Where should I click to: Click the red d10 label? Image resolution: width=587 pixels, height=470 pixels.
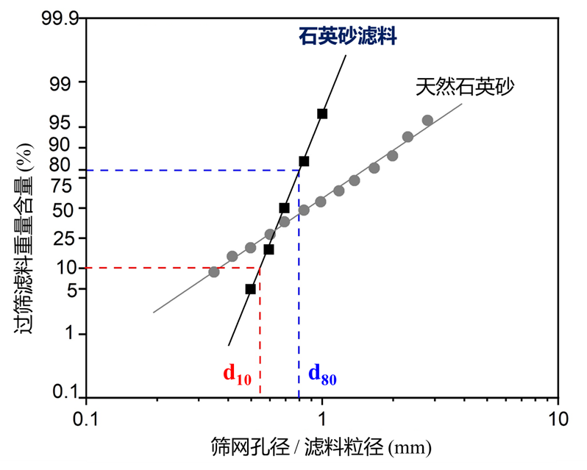pos(238,375)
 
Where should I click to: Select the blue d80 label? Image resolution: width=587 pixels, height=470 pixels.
pos(322,374)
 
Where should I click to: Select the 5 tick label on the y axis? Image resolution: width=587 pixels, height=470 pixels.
pos(71,290)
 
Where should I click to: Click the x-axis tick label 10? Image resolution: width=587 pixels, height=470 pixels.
pos(558,419)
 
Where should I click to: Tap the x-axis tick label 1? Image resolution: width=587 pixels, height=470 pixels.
pos(322,419)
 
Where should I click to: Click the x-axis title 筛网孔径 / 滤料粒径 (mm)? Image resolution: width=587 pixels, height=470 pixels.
pos(320,446)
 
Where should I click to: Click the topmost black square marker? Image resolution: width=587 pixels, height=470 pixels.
pos(321,113)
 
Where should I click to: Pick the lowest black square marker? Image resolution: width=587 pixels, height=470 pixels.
pos(250,289)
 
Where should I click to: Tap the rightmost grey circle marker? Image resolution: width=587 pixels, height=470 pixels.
pos(427,120)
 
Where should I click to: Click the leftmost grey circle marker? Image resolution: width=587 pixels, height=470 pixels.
pos(214,271)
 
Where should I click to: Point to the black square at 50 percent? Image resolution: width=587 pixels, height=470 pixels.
pos(284,208)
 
